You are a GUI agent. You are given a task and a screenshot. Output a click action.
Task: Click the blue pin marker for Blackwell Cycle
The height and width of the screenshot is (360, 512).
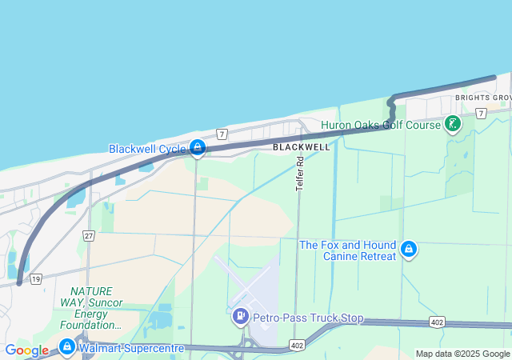pos(198,147)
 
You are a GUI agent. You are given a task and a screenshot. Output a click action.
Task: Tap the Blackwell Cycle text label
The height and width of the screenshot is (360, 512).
pos(147,149)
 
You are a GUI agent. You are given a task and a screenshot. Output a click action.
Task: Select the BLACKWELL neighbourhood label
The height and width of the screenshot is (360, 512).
pos(301,147)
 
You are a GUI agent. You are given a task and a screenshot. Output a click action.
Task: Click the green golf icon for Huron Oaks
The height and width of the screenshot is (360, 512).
pos(454,124)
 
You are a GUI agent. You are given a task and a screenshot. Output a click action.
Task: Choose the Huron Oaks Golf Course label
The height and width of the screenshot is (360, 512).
pos(381,125)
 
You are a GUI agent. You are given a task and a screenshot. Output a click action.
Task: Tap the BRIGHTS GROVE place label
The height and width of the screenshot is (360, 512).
pos(482,98)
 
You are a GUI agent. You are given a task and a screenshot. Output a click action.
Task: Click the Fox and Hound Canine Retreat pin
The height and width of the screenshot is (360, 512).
pos(409,250)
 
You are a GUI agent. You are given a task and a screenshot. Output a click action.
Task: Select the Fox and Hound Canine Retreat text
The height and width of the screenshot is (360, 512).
pos(348,250)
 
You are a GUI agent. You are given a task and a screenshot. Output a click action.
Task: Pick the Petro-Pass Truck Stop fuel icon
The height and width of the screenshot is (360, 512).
pos(239,317)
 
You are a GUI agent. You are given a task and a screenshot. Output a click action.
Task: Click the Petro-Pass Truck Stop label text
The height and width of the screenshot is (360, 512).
pos(308,318)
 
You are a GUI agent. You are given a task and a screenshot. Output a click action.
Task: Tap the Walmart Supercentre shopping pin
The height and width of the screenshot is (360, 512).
pos(66,347)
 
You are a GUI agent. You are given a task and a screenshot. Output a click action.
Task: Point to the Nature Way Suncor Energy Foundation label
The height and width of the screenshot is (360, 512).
pos(91,308)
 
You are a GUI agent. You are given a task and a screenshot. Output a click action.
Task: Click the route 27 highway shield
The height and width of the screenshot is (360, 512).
pos(89,235)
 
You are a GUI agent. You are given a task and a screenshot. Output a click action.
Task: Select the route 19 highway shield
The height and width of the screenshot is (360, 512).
pos(36,279)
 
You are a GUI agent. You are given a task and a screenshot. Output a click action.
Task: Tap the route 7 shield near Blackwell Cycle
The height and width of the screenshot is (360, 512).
pos(222,133)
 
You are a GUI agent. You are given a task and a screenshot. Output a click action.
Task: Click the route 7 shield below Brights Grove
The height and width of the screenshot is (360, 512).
pos(480,114)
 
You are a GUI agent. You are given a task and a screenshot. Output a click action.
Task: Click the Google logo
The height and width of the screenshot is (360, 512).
pos(26,350)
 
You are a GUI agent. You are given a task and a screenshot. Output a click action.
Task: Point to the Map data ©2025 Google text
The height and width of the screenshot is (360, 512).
pos(462,354)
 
